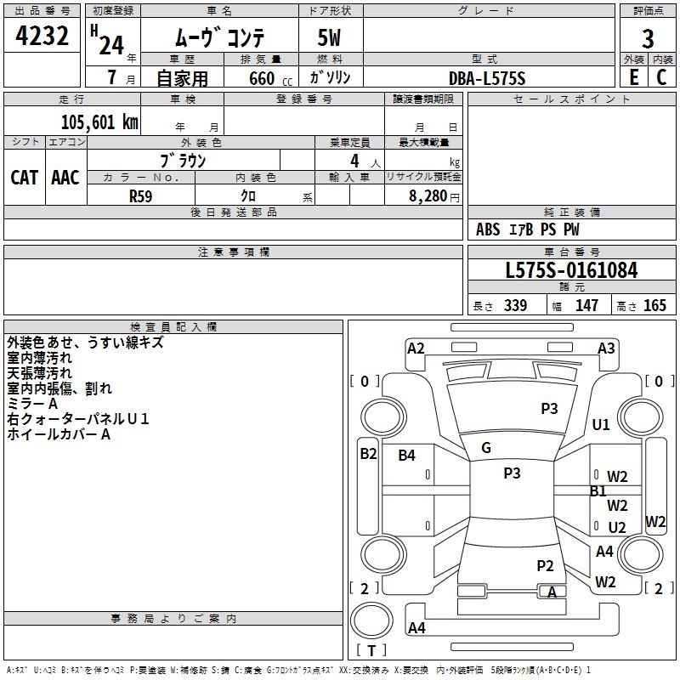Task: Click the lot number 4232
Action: (42, 36)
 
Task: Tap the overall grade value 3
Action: (648, 39)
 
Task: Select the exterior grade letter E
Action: (633, 77)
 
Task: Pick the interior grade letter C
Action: (661, 77)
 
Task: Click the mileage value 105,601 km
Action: (99, 122)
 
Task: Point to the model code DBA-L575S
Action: (487, 78)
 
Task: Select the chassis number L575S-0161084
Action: (571, 270)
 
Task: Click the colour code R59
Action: (141, 196)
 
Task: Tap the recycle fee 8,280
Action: (428, 195)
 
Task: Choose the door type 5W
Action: (329, 37)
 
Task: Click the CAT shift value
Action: (25, 178)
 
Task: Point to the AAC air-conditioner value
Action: (65, 178)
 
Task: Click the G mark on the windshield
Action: (486, 448)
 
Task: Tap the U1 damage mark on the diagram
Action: (601, 424)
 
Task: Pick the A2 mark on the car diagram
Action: (416, 348)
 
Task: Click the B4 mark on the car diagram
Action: (407, 455)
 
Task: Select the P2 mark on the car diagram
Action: (545, 565)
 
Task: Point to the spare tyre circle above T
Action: (371, 620)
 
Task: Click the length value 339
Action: (516, 305)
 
